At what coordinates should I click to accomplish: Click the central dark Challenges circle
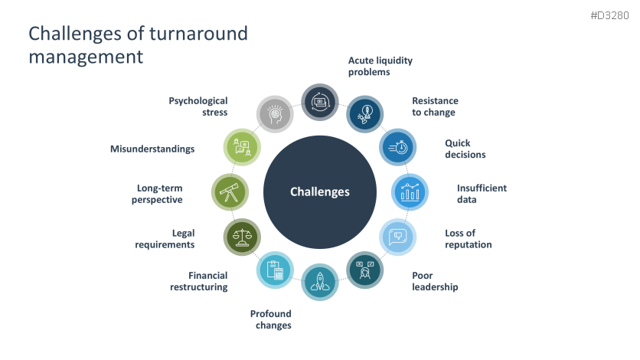coord(320,192)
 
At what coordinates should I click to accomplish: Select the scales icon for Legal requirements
coord(241,237)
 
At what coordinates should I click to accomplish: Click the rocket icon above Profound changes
coord(320,282)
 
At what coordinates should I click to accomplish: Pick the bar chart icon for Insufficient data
coord(410,192)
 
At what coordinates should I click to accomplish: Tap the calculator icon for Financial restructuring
coord(274,270)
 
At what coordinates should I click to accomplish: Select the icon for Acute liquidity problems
coord(320,102)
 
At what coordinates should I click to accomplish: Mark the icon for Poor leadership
coord(365,270)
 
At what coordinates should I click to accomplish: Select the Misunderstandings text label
coord(152,149)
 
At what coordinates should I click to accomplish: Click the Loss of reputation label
coord(468,239)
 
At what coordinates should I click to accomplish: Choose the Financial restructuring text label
coord(198,281)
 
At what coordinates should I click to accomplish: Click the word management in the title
coord(86,57)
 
